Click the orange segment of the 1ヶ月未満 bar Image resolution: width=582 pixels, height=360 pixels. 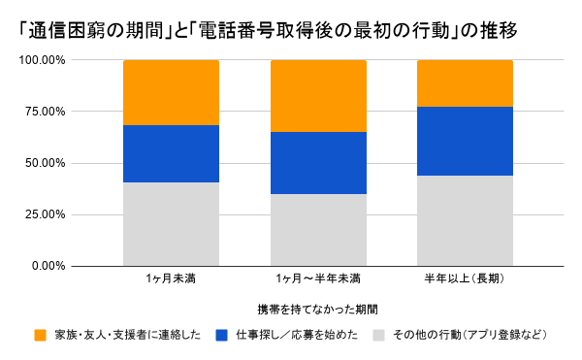[171, 93]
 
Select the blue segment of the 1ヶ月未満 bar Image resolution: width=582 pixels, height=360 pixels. [171, 154]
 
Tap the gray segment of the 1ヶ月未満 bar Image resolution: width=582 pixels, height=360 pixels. [171, 224]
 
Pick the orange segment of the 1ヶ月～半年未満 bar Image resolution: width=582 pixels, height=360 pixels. [318, 96]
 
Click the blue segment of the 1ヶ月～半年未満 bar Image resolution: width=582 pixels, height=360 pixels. [318, 163]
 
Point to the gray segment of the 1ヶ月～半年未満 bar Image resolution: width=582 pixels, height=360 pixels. [318, 230]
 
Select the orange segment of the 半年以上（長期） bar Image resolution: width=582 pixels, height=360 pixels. [465, 83]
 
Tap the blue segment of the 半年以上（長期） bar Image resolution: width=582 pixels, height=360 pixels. [465, 142]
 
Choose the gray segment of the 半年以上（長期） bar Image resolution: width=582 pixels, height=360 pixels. [465, 221]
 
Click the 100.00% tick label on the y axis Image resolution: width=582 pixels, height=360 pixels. [43, 60]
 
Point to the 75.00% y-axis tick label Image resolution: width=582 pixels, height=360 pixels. [46, 112]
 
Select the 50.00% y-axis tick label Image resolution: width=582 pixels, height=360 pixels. [46, 163]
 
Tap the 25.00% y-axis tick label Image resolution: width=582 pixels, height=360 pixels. [46, 214]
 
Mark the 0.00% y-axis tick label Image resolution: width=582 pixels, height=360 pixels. [48, 266]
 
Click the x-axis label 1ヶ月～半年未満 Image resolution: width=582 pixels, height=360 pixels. [318, 278]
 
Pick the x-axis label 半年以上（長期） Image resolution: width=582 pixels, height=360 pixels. [465, 278]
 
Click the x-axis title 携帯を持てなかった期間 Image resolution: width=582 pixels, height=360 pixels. [318, 310]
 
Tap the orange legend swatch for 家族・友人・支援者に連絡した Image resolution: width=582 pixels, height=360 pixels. [40, 335]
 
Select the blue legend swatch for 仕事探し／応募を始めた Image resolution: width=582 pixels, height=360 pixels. [221, 335]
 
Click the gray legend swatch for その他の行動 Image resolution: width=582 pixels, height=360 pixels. [379, 335]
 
